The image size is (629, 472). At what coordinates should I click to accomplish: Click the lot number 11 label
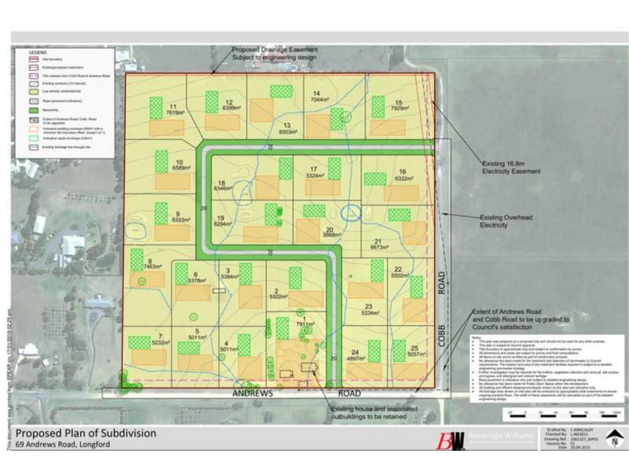[x=172, y=106]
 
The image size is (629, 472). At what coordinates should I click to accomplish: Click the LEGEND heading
[x=39, y=53]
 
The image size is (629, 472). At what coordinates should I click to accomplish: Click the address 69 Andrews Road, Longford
[x=63, y=445]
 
